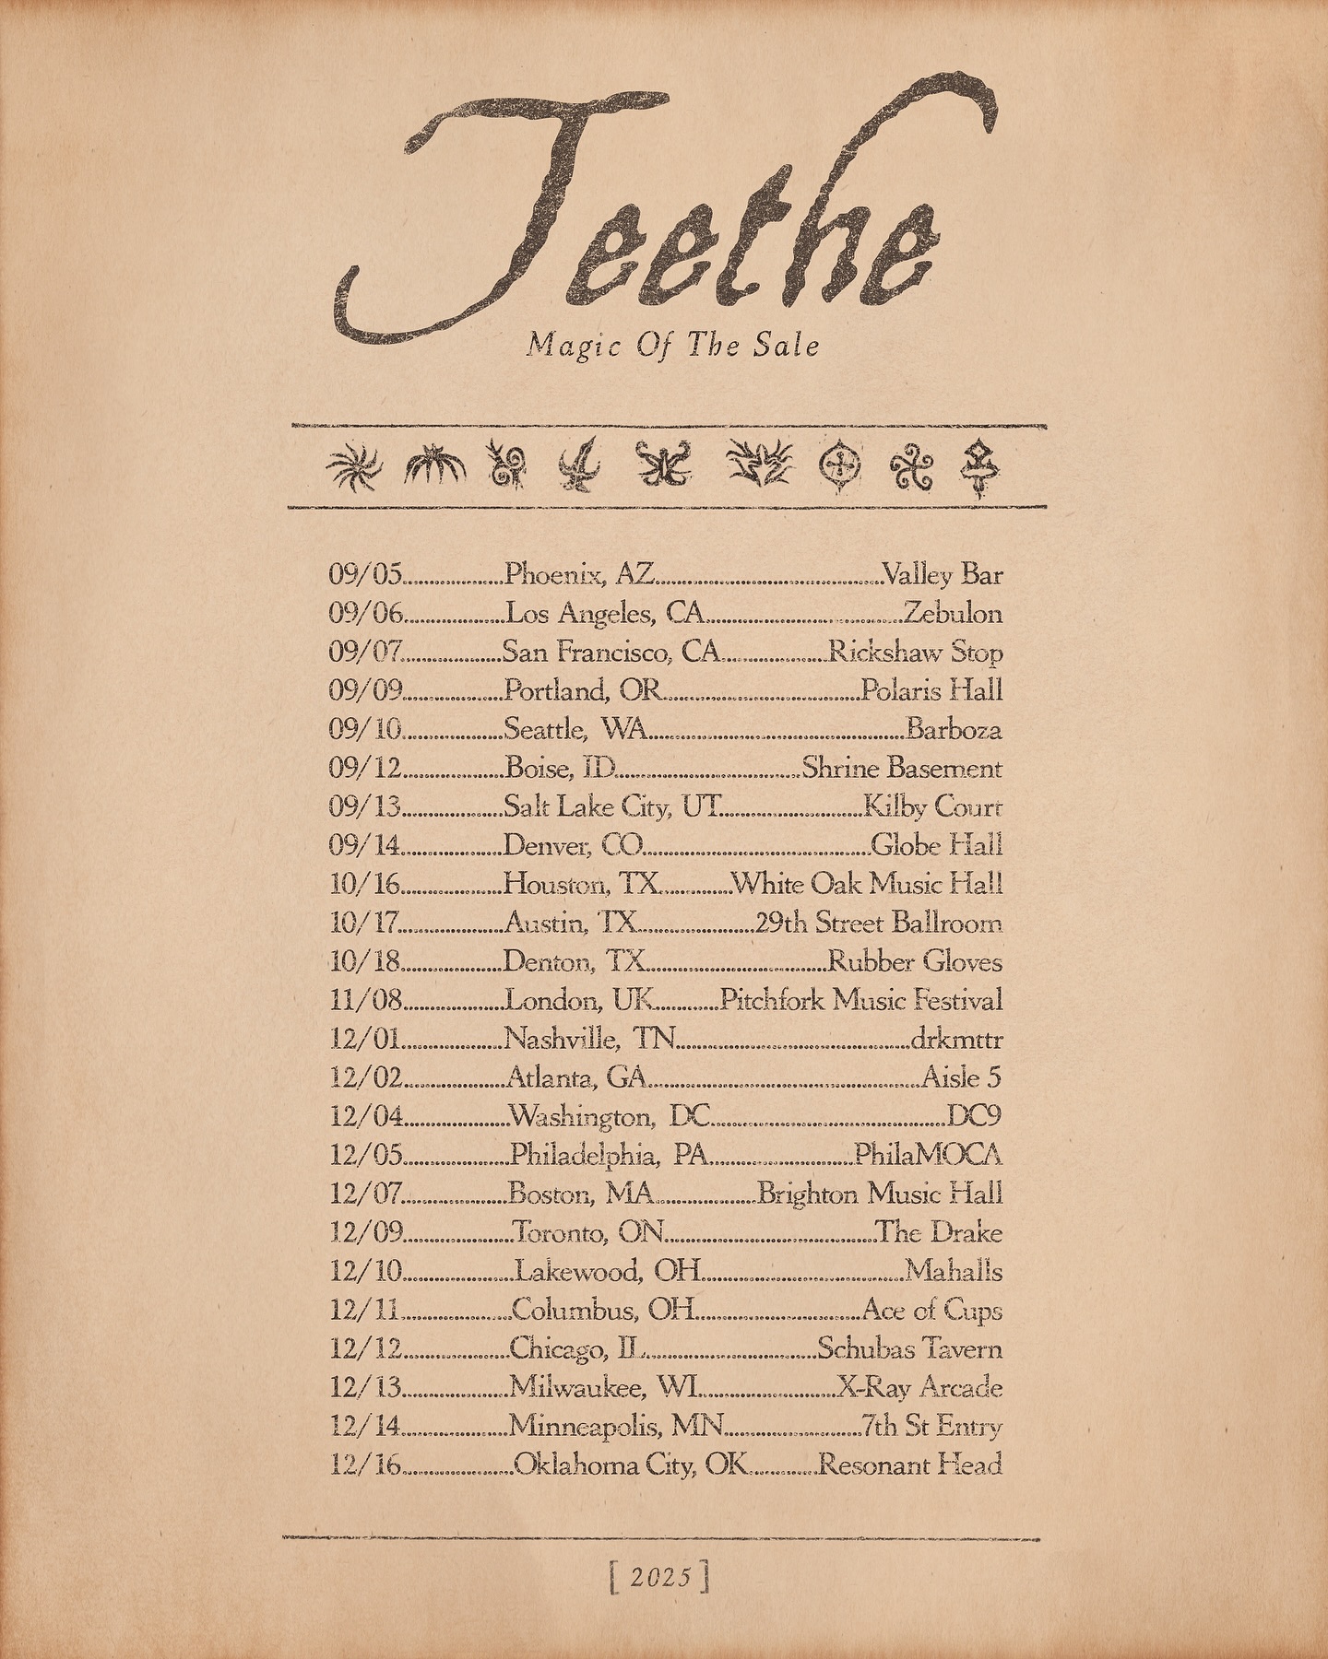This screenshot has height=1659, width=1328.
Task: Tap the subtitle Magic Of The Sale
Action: click(x=673, y=347)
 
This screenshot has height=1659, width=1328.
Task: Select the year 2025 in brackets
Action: click(x=660, y=1578)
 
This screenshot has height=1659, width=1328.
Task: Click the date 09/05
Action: click(x=366, y=575)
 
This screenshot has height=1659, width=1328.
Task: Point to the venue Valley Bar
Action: click(x=943, y=575)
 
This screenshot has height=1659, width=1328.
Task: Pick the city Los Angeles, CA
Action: click(x=606, y=614)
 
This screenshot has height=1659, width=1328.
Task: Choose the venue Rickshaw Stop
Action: click(x=916, y=653)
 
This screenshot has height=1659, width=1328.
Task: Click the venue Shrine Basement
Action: click(x=902, y=769)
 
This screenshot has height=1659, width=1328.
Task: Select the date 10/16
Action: click(x=366, y=885)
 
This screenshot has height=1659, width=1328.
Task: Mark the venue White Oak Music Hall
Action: click(x=867, y=885)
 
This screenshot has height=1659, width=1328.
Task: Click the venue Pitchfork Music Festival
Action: click(x=861, y=1001)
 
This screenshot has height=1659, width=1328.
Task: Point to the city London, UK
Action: click(x=581, y=1001)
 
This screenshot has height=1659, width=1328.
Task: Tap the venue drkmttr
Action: click(x=956, y=1040)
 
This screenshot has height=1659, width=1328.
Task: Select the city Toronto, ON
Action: click(x=589, y=1233)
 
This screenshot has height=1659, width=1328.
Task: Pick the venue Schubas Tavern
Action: click(x=910, y=1349)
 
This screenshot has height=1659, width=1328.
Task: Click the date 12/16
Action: click(x=366, y=1465)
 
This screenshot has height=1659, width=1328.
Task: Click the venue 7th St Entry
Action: click(x=931, y=1427)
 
